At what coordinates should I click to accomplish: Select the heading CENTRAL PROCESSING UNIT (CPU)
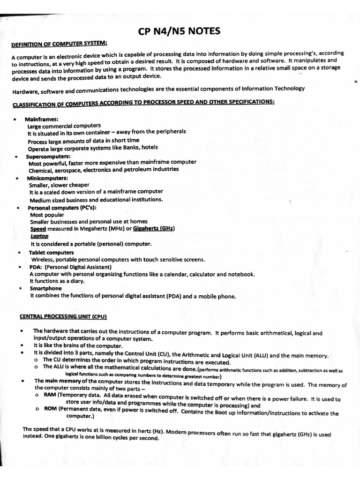63,316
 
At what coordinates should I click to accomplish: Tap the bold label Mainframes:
41,119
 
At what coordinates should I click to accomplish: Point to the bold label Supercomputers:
48,156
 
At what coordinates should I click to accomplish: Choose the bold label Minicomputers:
47,178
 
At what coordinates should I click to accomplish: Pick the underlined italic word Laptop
39,236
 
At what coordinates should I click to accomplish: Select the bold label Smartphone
45,288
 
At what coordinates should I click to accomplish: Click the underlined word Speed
38,229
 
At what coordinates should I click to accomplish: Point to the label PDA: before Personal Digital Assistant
36,267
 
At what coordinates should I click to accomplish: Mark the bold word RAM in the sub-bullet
50,395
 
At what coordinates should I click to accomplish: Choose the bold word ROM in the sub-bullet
50,409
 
